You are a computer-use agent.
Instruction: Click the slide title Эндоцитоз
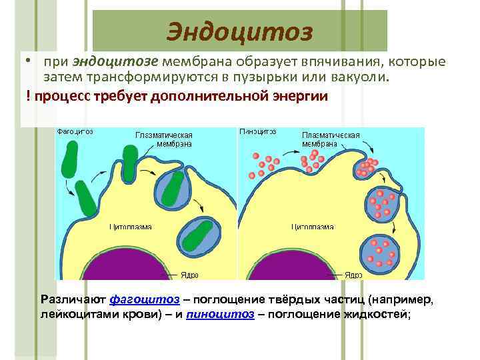pos(239,31)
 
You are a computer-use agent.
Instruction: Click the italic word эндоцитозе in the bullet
pos(115,62)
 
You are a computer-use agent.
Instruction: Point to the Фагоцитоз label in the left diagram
pos(75,132)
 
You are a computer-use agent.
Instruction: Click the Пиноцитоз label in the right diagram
pos(257,132)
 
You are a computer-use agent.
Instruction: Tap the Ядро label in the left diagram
pos(189,274)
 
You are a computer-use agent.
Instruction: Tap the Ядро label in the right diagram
pos(353,274)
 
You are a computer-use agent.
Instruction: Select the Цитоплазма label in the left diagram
pos(131,227)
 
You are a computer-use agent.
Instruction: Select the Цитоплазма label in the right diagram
pos(312,227)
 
